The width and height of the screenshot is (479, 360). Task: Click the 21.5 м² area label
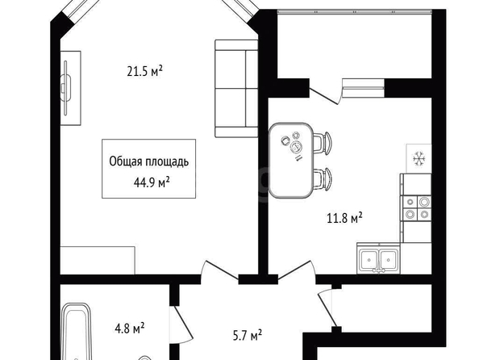pyautogui.click(x=145, y=72)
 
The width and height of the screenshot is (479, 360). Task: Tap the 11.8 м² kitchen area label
pyautogui.click(x=344, y=218)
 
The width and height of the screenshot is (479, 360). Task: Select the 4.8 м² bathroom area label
pyautogui.click(x=130, y=329)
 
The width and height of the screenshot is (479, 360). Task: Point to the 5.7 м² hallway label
pyautogui.click(x=248, y=336)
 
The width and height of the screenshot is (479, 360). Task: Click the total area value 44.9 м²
pyautogui.click(x=152, y=182)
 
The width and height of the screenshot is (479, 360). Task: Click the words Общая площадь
pyautogui.click(x=149, y=161)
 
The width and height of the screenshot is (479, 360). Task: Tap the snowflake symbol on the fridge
pyautogui.click(x=419, y=159)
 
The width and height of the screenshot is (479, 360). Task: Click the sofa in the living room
pyautogui.click(x=236, y=89)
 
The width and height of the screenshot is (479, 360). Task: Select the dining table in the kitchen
pyautogui.click(x=291, y=161)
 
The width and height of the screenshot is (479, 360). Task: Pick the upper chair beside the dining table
pyautogui.click(x=322, y=143)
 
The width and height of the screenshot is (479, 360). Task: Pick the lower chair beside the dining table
pyautogui.click(x=322, y=179)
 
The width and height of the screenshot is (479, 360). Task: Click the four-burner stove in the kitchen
pyautogui.click(x=417, y=208)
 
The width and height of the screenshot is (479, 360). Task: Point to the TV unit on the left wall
pyautogui.click(x=71, y=88)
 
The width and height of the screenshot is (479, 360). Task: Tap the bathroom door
pyautogui.click(x=181, y=324)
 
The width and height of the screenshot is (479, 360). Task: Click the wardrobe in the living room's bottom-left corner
pyautogui.click(x=98, y=260)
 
